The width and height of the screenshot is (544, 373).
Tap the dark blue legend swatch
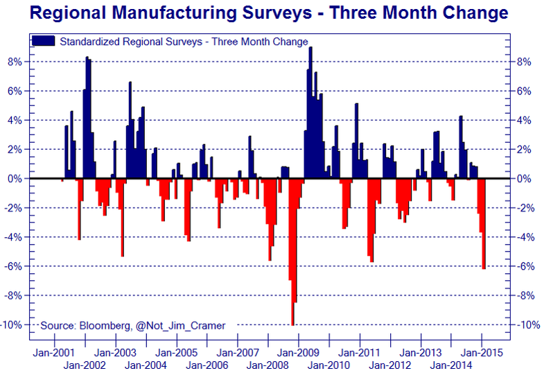point(44,42)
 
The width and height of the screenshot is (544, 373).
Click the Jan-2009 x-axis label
point(298,352)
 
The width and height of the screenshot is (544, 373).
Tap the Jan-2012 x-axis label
point(390,365)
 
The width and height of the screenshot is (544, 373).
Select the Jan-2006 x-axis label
point(207,365)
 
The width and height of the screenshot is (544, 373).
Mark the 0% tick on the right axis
point(524,179)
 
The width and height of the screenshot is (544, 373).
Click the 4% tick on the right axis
point(524,121)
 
